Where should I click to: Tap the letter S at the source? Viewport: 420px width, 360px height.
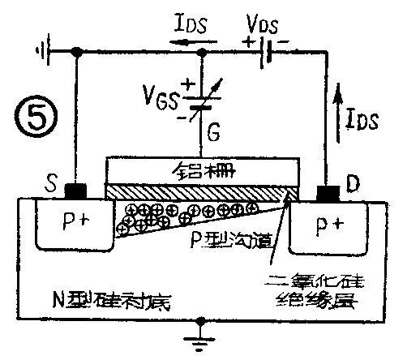(50, 187)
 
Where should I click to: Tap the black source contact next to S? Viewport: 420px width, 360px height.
(75, 192)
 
